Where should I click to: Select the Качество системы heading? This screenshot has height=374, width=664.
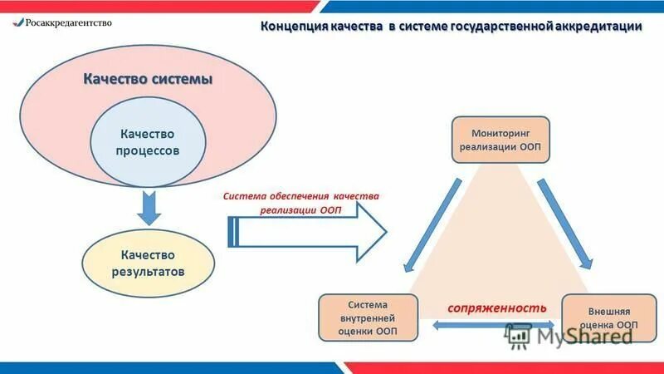pos(148,80)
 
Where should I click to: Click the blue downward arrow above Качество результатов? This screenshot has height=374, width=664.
pos(149,207)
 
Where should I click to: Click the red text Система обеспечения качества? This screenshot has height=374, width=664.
pos(300,197)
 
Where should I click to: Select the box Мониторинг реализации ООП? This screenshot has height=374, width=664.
pos(500,139)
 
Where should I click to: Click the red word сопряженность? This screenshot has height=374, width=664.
pos(497,307)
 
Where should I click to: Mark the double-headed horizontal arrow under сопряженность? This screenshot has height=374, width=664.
pos(496,326)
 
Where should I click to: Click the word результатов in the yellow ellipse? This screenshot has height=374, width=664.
pos(149,272)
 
